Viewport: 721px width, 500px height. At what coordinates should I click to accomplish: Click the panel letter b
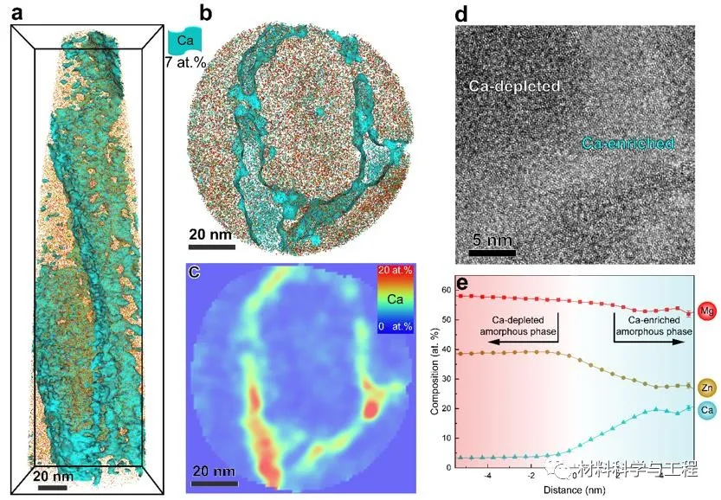point(205,13)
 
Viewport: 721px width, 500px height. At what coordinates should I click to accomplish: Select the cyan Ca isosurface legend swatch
point(183,38)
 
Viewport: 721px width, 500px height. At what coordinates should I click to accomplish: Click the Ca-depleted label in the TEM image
point(515,87)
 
